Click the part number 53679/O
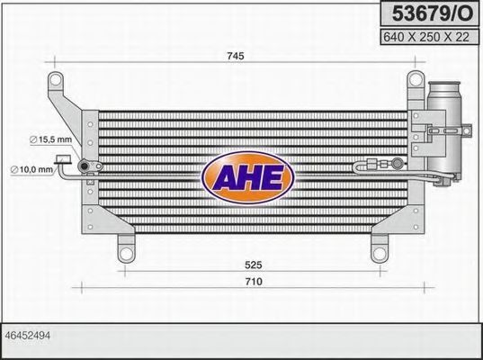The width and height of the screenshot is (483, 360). [x=432, y=13]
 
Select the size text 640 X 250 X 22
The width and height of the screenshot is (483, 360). [x=426, y=37]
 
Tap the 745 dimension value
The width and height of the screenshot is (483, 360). [x=236, y=56]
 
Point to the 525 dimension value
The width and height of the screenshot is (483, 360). [x=254, y=265]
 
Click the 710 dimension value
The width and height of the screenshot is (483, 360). [x=254, y=282]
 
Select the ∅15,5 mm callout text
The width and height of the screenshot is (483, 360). [x=50, y=139]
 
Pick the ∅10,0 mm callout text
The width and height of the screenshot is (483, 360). [x=31, y=169]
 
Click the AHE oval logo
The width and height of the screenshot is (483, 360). [x=248, y=177]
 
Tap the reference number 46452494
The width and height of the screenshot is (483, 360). [x=28, y=336]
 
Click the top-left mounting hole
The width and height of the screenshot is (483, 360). [x=56, y=80]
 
